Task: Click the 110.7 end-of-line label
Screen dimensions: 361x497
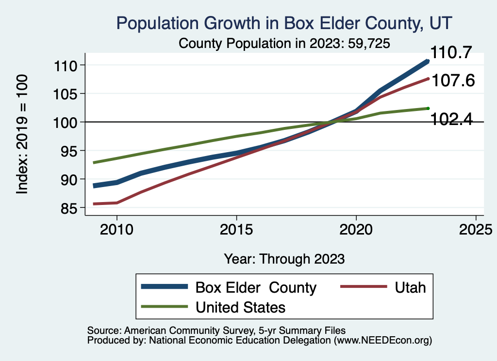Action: [451, 53]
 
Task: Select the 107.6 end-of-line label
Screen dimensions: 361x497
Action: [452, 80]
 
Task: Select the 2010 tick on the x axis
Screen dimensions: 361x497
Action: [116, 230]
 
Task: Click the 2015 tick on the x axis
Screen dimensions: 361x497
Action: [236, 230]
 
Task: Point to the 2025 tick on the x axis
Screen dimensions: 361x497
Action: [476, 230]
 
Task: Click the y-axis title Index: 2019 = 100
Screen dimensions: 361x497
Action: [22, 134]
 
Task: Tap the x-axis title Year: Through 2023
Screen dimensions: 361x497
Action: [284, 259]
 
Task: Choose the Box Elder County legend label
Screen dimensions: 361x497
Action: [256, 287]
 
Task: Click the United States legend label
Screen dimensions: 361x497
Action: [240, 307]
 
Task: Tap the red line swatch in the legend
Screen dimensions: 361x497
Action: [364, 287]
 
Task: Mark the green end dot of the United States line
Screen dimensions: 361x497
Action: [428, 108]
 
